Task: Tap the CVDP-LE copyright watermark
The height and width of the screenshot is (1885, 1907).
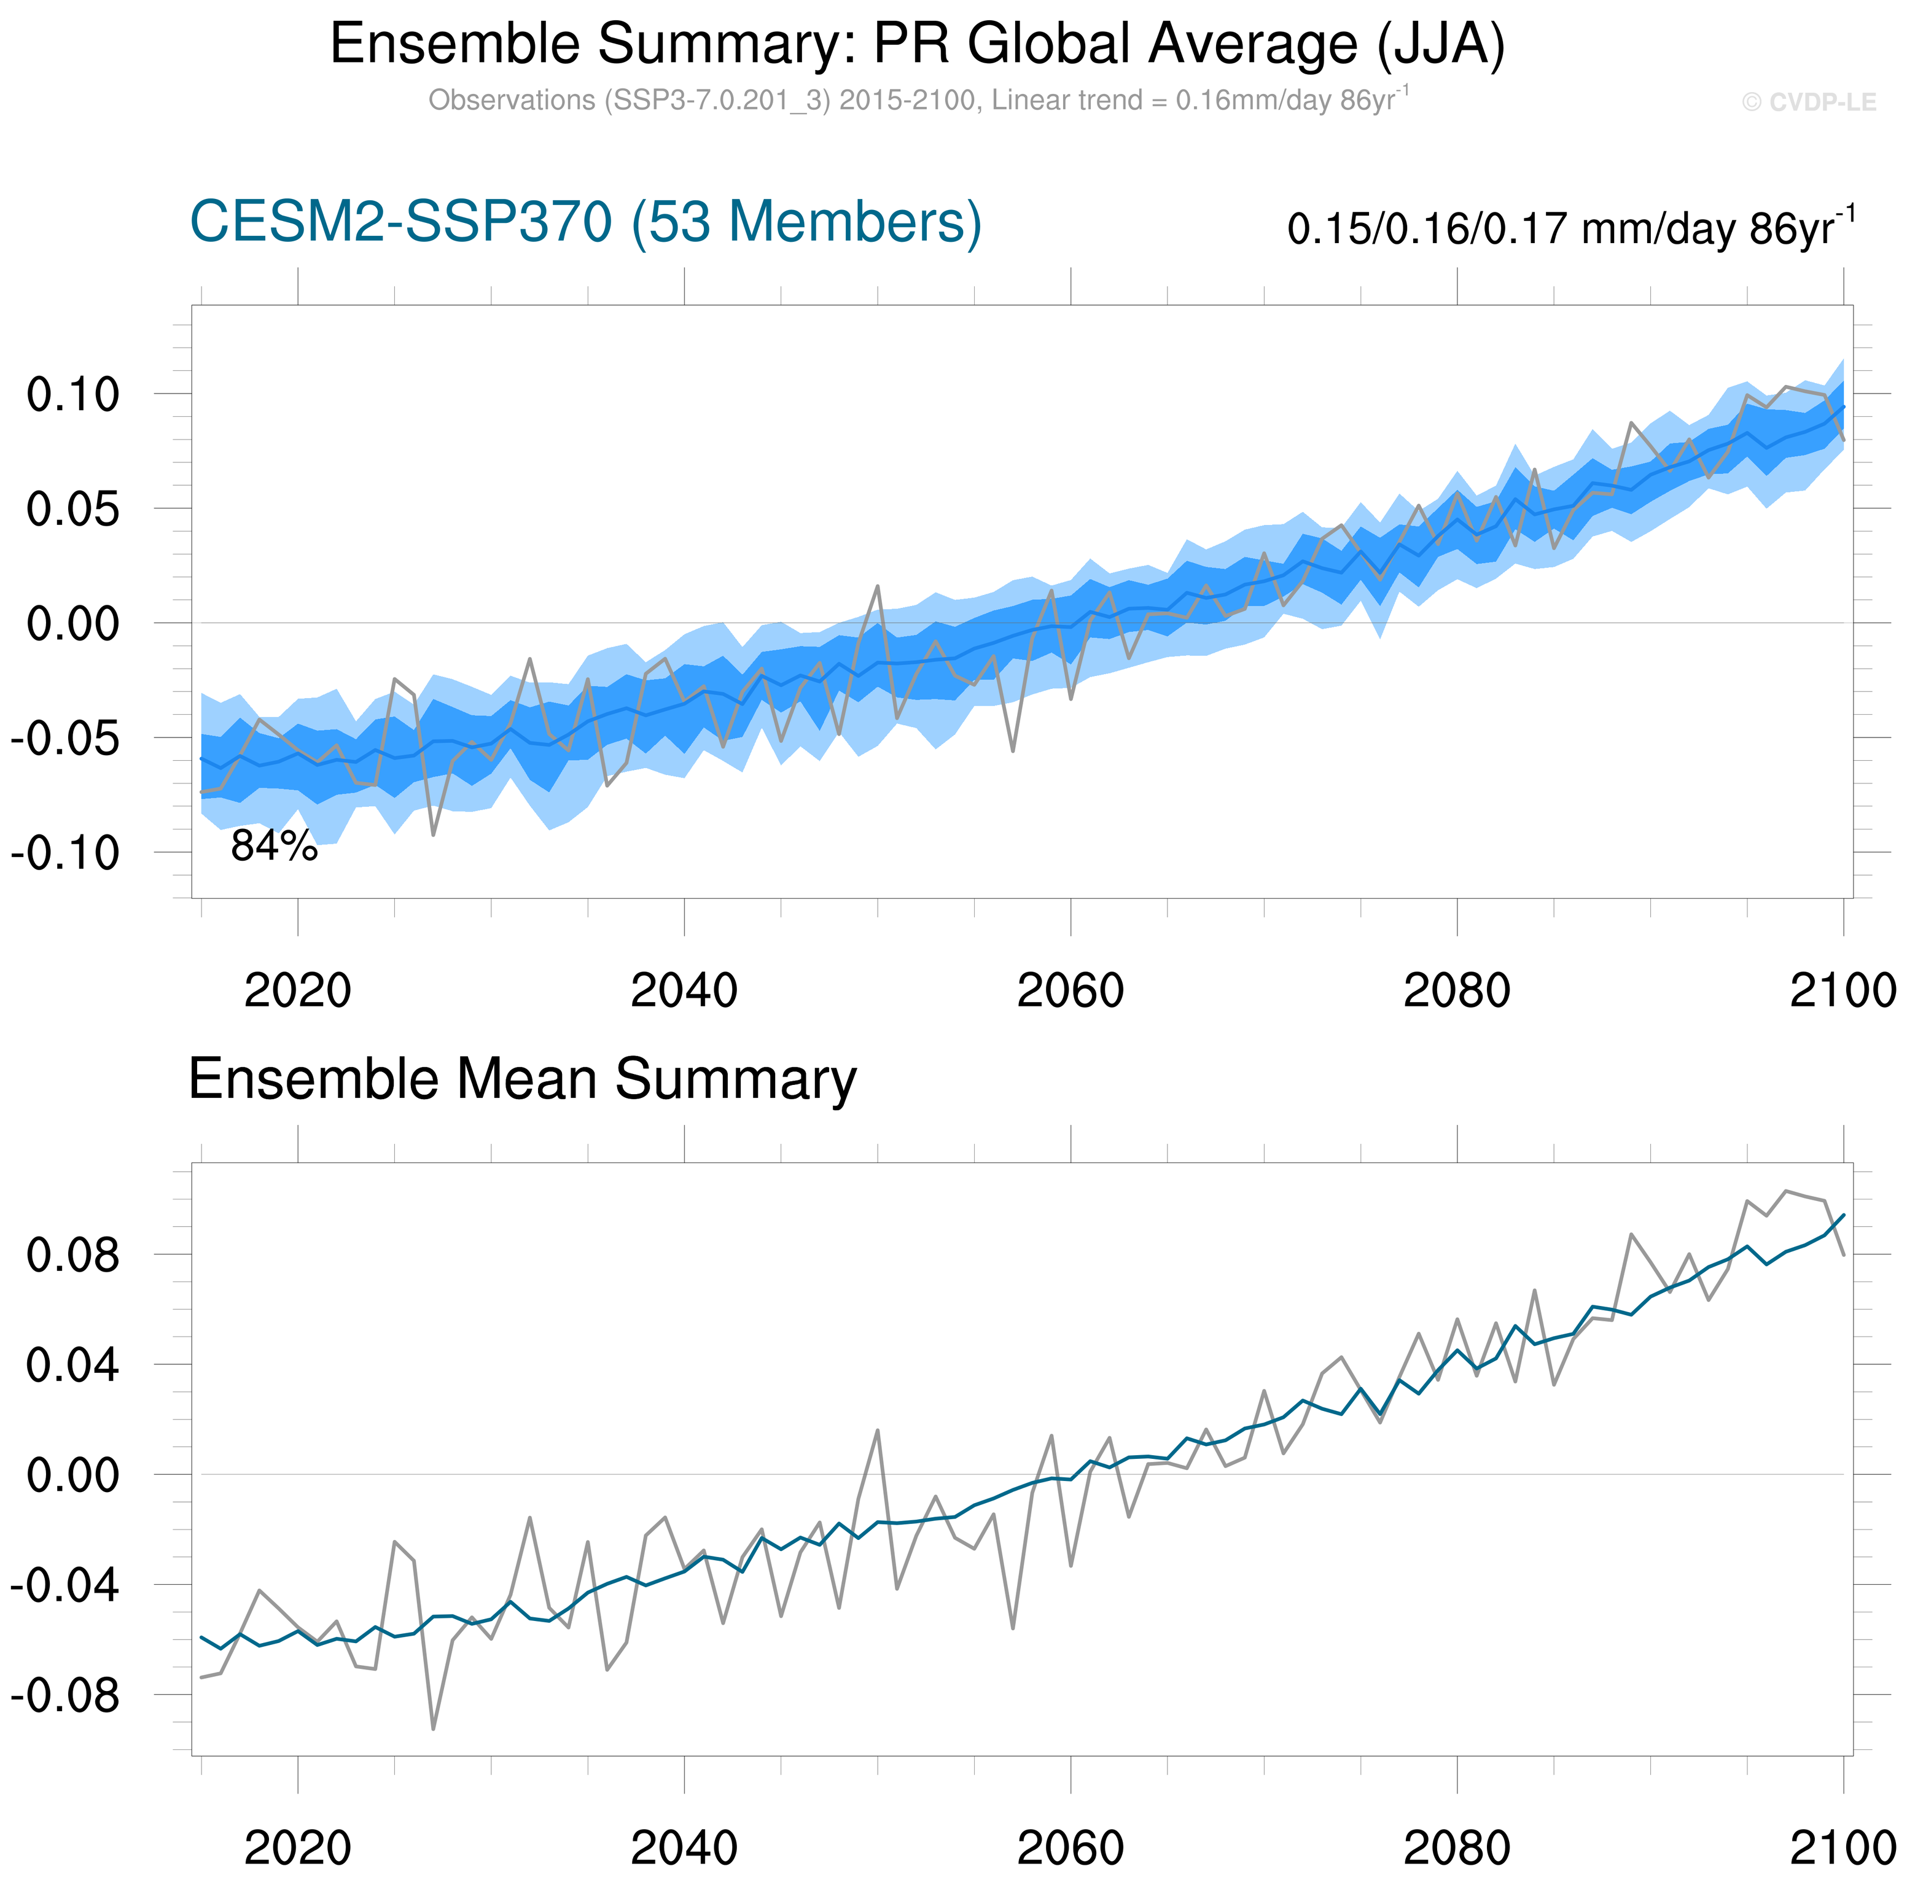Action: (x=1808, y=103)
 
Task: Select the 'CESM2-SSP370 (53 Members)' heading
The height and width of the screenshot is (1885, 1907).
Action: (x=585, y=222)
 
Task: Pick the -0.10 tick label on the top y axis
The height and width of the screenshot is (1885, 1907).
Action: (x=65, y=853)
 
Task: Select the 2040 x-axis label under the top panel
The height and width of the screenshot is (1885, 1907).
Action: (x=684, y=990)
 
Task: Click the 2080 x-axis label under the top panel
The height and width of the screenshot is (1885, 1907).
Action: (x=1456, y=990)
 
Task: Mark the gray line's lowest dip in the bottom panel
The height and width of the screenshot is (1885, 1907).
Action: (x=432, y=1728)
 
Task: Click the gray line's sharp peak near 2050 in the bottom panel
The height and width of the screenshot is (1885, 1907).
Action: (x=878, y=1430)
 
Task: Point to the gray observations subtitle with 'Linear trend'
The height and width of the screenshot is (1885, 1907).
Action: (x=918, y=101)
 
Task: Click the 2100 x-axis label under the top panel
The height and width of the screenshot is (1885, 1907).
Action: (x=1842, y=990)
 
